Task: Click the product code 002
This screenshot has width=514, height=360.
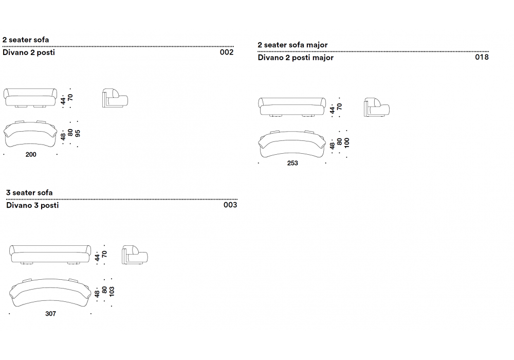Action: coord(227,52)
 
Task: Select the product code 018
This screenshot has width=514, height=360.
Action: coord(482,57)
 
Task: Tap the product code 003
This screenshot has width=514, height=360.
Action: coord(230,205)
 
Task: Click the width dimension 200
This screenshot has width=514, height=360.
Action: coord(31,154)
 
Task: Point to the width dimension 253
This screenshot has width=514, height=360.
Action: coord(292,163)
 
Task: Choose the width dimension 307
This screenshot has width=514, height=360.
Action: coord(50,314)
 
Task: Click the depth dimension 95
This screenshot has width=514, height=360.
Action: coord(78,133)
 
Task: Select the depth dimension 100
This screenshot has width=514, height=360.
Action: coord(347,143)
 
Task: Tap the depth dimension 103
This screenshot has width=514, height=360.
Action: coord(112,292)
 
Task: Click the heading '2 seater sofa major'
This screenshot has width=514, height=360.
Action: coord(292,45)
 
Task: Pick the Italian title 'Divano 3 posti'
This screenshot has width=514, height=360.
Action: coord(32,205)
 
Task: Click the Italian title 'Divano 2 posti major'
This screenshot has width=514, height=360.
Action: coord(296,58)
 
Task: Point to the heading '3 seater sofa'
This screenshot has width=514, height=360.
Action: coord(29,192)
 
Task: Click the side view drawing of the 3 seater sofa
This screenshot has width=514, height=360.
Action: coord(135,255)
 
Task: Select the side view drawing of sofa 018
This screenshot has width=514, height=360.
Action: coord(377,107)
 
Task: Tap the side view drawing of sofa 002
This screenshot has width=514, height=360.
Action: coord(115,98)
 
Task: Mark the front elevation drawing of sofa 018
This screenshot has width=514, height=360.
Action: coord(292,107)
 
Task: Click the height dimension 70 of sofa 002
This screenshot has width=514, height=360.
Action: coord(70,97)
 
